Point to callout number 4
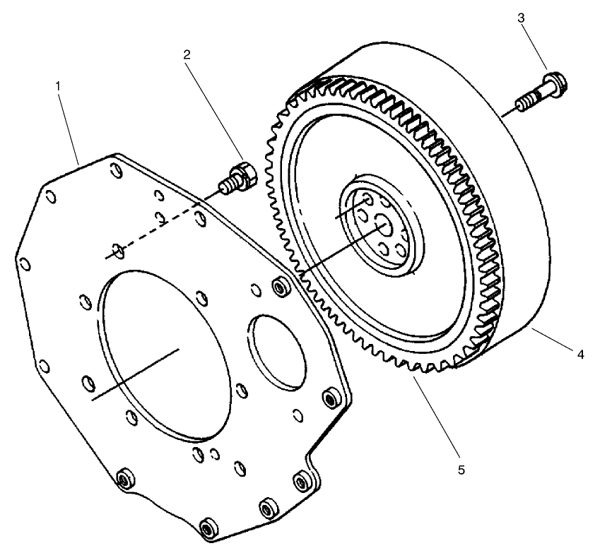580,355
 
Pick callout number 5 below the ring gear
461,468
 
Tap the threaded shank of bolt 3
531,101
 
